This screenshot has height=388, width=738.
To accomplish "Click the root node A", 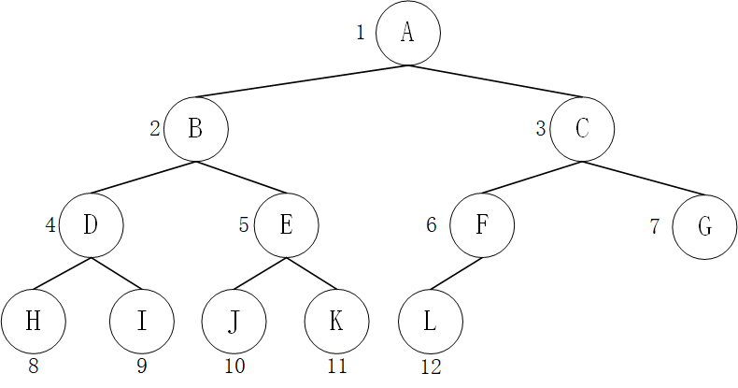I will [407, 33].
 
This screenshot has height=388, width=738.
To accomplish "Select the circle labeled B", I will [195, 128].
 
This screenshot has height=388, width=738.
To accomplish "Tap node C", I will [581, 128].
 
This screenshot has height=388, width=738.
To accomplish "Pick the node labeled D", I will [91, 225].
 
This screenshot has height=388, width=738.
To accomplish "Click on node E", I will [286, 225].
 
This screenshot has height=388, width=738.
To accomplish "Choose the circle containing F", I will [481, 225].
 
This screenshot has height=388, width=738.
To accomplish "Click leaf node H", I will [33, 322].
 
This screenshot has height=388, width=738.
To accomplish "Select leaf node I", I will [141, 322].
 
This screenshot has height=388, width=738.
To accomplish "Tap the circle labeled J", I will [234, 322].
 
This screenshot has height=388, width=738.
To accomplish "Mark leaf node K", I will [336, 322].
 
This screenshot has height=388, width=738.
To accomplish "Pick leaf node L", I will [430, 322].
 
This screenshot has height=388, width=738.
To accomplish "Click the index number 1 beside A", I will [361, 33].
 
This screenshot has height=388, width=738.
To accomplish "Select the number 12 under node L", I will [431, 367].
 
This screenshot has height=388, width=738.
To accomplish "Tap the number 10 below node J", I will [234, 366].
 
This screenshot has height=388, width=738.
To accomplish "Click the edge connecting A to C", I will [495, 81].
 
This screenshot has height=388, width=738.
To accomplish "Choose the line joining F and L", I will [455, 274].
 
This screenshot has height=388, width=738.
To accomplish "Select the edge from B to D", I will [143, 177].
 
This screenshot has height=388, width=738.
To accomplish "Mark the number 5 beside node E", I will [244, 225].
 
